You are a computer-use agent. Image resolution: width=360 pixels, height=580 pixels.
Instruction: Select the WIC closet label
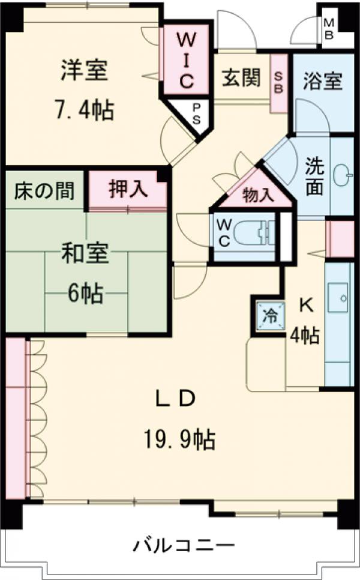(186, 60)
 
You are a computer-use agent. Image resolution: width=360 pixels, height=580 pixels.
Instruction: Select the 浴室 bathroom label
(323, 81)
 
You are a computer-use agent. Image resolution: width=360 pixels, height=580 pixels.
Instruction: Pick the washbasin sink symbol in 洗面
(344, 174)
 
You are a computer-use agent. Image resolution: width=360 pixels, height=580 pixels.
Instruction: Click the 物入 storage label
(258, 195)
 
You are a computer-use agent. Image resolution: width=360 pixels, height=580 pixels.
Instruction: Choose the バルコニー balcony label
(183, 546)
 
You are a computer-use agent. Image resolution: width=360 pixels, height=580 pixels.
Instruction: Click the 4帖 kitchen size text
(305, 335)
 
